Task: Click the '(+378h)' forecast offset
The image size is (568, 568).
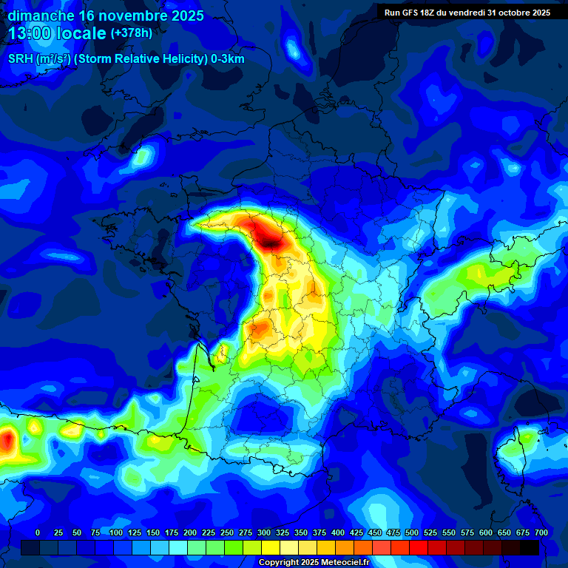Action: [x=131, y=33]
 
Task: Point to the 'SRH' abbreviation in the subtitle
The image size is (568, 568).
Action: [x=21, y=59]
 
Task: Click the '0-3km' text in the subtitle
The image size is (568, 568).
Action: [x=227, y=59]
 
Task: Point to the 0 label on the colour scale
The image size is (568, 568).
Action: [x=37, y=532]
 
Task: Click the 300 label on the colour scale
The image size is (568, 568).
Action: [x=264, y=532]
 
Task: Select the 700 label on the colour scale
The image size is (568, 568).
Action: [x=541, y=532]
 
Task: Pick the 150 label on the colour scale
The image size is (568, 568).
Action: [x=153, y=532]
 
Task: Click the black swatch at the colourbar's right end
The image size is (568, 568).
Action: [x=530, y=547]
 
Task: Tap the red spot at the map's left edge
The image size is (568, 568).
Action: [x=7, y=442]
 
